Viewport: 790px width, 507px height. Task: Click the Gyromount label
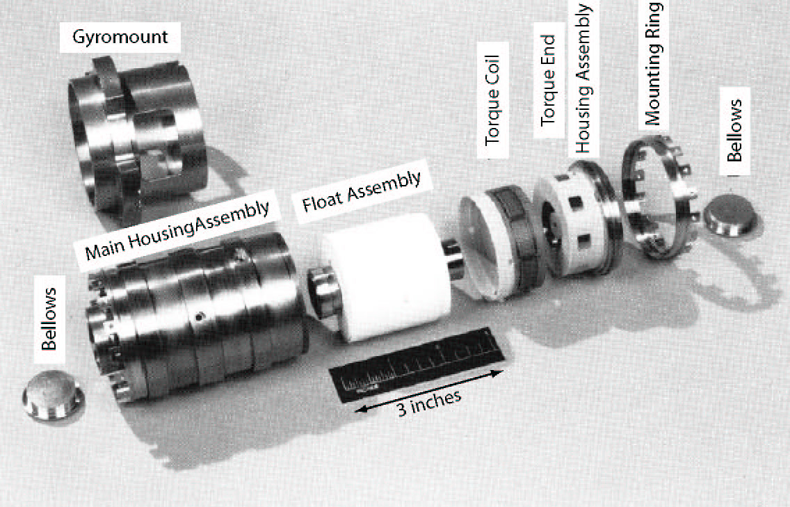(x=122, y=36)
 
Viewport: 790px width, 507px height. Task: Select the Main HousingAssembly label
(x=177, y=230)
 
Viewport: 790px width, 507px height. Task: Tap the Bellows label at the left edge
(x=49, y=321)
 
